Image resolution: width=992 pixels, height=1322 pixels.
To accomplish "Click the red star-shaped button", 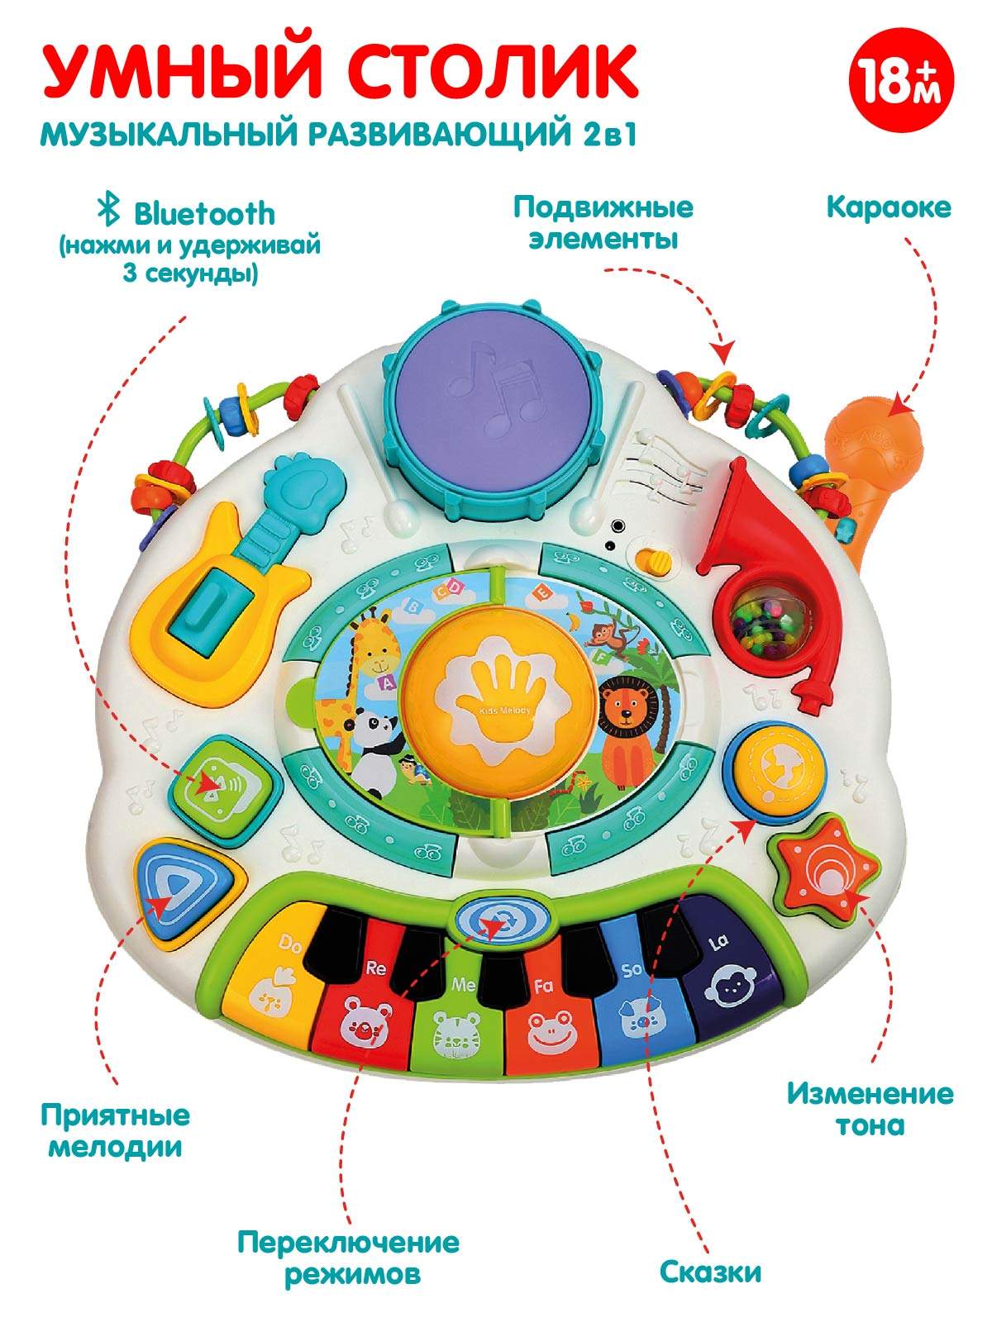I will (x=822, y=868).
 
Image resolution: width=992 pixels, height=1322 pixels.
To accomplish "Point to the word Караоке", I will (x=889, y=207).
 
